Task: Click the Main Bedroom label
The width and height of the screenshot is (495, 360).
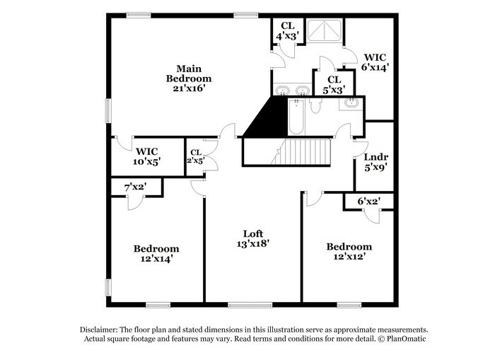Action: coord(189,73)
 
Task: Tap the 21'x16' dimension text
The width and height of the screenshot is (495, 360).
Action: coord(189,88)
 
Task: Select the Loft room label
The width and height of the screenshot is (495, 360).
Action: coord(253,233)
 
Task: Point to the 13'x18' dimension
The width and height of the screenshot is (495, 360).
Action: coord(253,243)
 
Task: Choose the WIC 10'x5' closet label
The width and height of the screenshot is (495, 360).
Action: coord(148,156)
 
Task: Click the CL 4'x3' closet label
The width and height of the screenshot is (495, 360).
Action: coord(287,30)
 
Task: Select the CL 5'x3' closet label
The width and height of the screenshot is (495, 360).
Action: coord(336,85)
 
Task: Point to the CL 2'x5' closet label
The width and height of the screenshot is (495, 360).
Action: coord(195,156)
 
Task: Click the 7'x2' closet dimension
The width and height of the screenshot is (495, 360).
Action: coord(134,187)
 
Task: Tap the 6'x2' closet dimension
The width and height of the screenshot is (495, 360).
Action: coord(369,202)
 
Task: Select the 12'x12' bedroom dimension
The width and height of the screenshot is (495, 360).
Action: coord(349,257)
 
